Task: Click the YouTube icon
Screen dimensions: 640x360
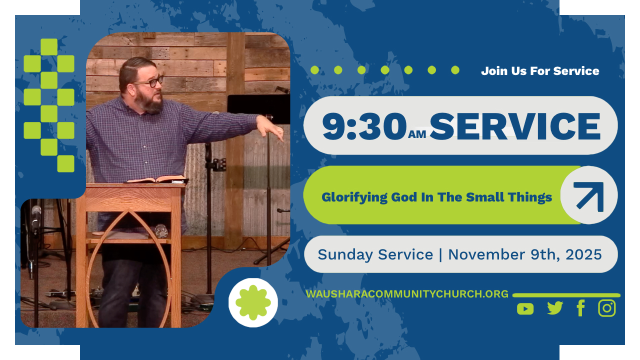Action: click(525, 309)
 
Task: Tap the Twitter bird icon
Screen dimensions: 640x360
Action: click(555, 308)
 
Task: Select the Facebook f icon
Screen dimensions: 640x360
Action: click(581, 308)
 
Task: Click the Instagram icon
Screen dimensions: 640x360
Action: click(607, 308)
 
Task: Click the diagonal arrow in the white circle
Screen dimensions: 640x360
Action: click(589, 195)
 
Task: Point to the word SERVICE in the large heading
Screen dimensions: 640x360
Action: click(515, 126)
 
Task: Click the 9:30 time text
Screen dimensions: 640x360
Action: click(364, 126)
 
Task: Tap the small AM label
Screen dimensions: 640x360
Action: click(417, 134)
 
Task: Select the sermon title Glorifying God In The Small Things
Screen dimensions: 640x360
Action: click(436, 197)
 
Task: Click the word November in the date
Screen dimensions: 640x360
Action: click(487, 254)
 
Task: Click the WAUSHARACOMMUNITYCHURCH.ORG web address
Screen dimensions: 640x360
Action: click(407, 294)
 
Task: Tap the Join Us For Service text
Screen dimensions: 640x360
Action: click(540, 71)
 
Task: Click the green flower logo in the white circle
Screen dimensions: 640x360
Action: click(253, 302)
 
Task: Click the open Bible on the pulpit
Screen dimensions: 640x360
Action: click(157, 179)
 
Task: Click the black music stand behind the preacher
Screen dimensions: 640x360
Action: click(258, 109)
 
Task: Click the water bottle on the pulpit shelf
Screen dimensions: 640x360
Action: click(161, 231)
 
